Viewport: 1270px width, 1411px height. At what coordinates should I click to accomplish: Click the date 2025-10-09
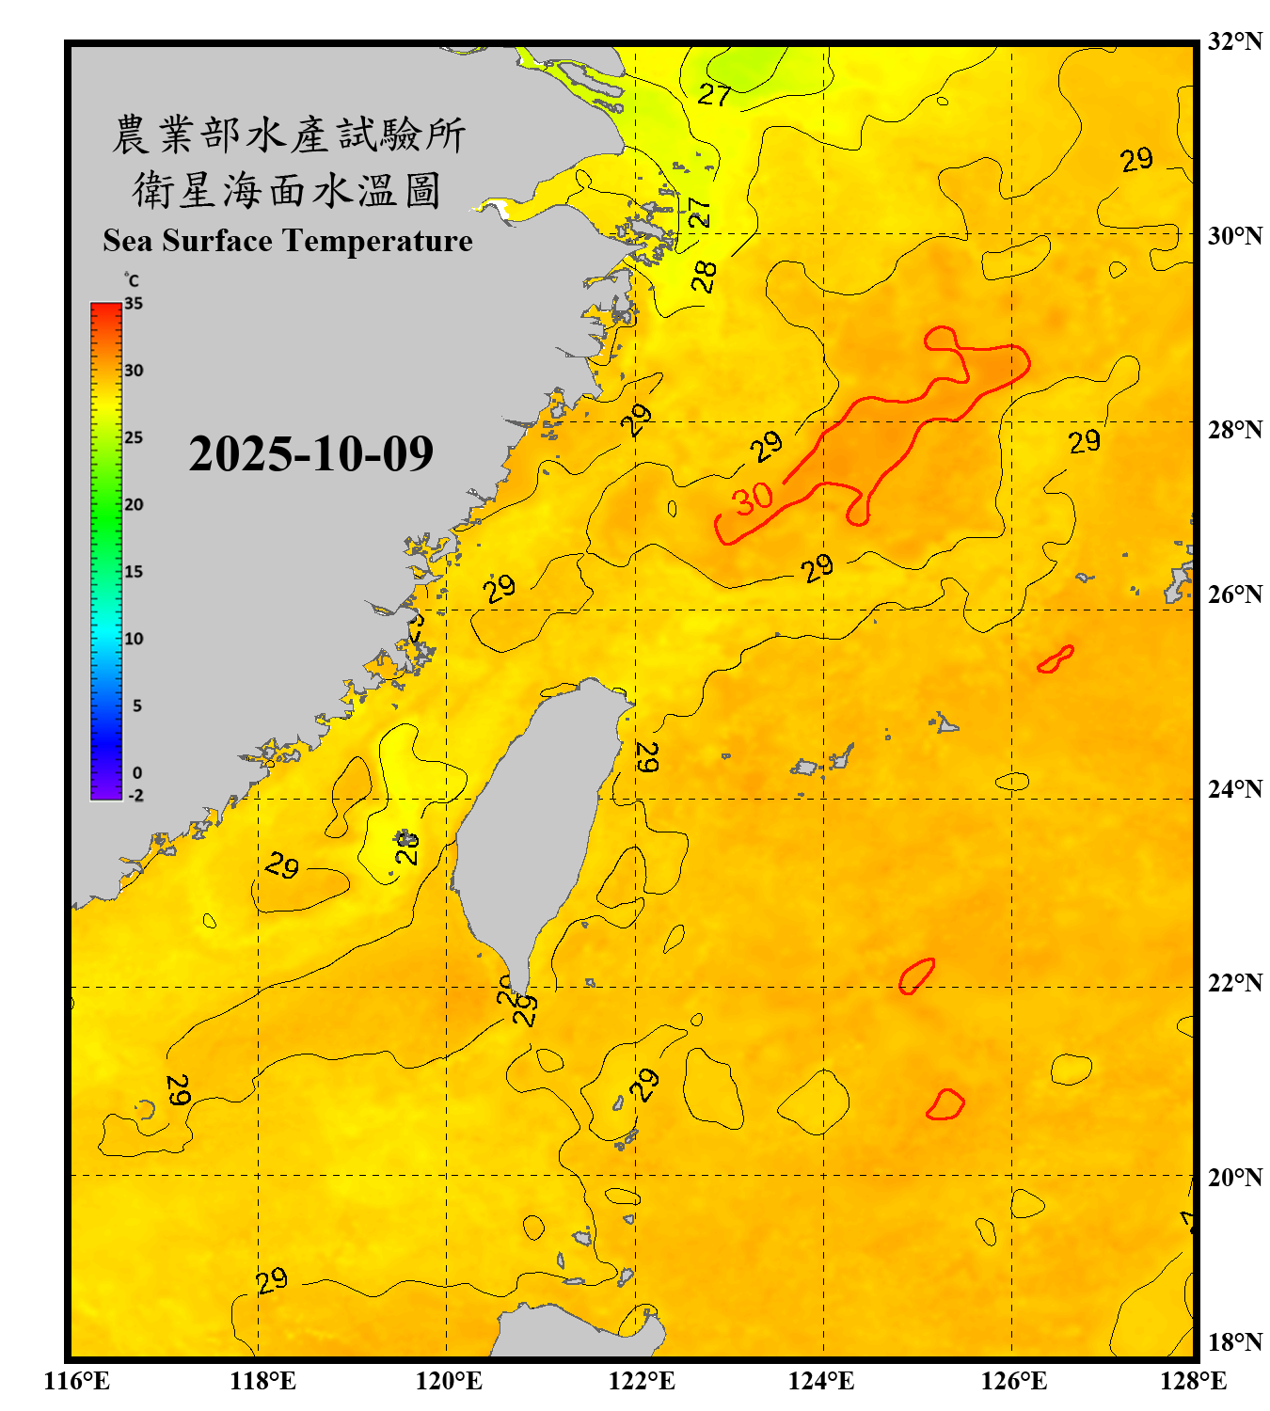pyautogui.click(x=310, y=453)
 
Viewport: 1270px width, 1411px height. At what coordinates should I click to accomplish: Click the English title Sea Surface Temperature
pyautogui.click(x=288, y=241)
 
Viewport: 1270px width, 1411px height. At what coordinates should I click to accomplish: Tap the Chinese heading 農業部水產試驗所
pyautogui.click(x=288, y=135)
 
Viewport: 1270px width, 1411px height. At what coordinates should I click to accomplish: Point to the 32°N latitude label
pyautogui.click(x=1234, y=41)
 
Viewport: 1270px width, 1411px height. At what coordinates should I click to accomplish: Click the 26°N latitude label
pyautogui.click(x=1234, y=595)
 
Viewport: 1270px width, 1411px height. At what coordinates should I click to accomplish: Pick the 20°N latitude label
pyautogui.click(x=1234, y=1177)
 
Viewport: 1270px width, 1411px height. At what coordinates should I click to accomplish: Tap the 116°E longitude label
pyautogui.click(x=77, y=1381)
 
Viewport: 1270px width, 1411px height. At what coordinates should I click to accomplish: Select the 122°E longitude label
pyautogui.click(x=642, y=1381)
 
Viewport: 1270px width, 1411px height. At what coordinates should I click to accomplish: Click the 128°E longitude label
pyautogui.click(x=1193, y=1381)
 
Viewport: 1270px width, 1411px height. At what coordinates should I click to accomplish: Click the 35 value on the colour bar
pyautogui.click(x=134, y=304)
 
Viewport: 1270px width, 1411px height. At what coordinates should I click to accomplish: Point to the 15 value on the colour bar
pyautogui.click(x=134, y=572)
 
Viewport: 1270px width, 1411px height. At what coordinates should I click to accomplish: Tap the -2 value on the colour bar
pyautogui.click(x=135, y=796)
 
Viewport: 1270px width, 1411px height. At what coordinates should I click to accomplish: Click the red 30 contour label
pyautogui.click(x=754, y=499)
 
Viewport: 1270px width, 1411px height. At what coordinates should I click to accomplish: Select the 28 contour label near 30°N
pyautogui.click(x=704, y=276)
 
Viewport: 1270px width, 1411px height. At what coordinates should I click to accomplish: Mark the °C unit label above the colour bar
pyautogui.click(x=132, y=280)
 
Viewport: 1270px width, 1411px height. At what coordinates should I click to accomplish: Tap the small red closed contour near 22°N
pyautogui.click(x=915, y=976)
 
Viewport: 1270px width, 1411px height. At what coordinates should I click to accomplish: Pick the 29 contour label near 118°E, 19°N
pyautogui.click(x=271, y=1280)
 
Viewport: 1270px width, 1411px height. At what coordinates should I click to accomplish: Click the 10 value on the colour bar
pyautogui.click(x=134, y=639)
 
